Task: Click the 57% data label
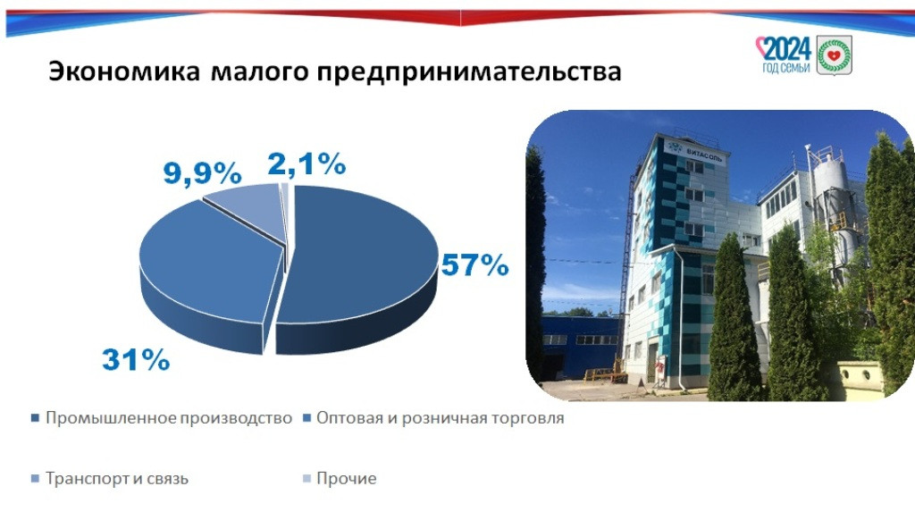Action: (474, 265)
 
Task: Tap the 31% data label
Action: (136, 359)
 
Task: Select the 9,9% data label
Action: (202, 173)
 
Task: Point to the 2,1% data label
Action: (306, 164)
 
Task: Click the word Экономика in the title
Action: (123, 71)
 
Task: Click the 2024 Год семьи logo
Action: (784, 55)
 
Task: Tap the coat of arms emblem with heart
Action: (834, 55)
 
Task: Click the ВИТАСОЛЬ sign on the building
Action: (696, 151)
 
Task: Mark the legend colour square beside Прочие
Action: (306, 479)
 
